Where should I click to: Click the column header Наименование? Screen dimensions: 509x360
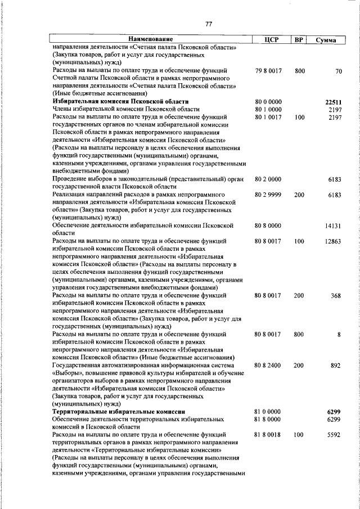pyautogui.click(x=150, y=40)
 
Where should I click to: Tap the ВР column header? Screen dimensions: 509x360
pyautogui.click(x=299, y=40)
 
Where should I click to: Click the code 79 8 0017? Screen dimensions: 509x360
pyautogui.click(x=268, y=71)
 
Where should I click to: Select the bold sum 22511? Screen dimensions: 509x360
pyautogui.click(x=333, y=102)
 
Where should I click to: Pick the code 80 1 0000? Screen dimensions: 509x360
pyautogui.click(x=268, y=109)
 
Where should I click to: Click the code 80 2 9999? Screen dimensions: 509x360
pyautogui.click(x=268, y=194)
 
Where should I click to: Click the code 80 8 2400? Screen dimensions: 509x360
pyautogui.click(x=268, y=365)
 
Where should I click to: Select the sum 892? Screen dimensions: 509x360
pyautogui.click(x=336, y=365)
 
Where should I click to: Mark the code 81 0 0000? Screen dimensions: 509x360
pyautogui.click(x=268, y=412)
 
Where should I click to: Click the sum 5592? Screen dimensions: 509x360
pyautogui.click(x=334, y=435)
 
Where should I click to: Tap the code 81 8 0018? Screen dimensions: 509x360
pyautogui.click(x=268, y=435)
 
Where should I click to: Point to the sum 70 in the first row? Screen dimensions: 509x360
pyautogui.click(x=338, y=71)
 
